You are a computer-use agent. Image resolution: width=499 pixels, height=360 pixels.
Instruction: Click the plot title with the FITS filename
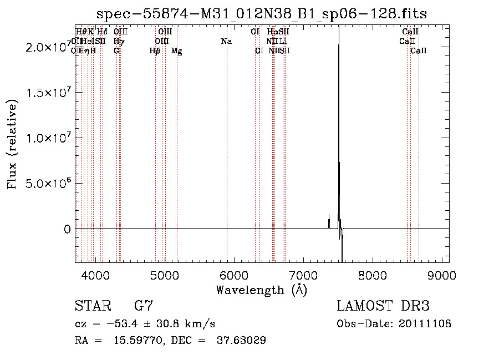point(261,14)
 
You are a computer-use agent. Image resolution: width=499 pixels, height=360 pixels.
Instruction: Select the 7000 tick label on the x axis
point(303,275)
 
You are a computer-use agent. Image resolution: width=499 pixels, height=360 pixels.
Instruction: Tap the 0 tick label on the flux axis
point(67,229)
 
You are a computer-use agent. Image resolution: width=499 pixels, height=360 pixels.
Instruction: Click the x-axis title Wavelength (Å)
point(261,290)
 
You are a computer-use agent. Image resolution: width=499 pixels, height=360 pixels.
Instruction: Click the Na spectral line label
point(226,42)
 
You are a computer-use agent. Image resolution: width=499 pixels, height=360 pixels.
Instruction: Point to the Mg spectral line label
point(177,51)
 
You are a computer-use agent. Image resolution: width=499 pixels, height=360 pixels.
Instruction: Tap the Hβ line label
point(155,51)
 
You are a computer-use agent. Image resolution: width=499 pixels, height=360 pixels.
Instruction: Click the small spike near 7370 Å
point(329,221)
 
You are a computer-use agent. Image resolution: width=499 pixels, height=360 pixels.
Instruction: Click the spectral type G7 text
point(144,306)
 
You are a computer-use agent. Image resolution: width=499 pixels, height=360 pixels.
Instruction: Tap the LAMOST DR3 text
point(383,306)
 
